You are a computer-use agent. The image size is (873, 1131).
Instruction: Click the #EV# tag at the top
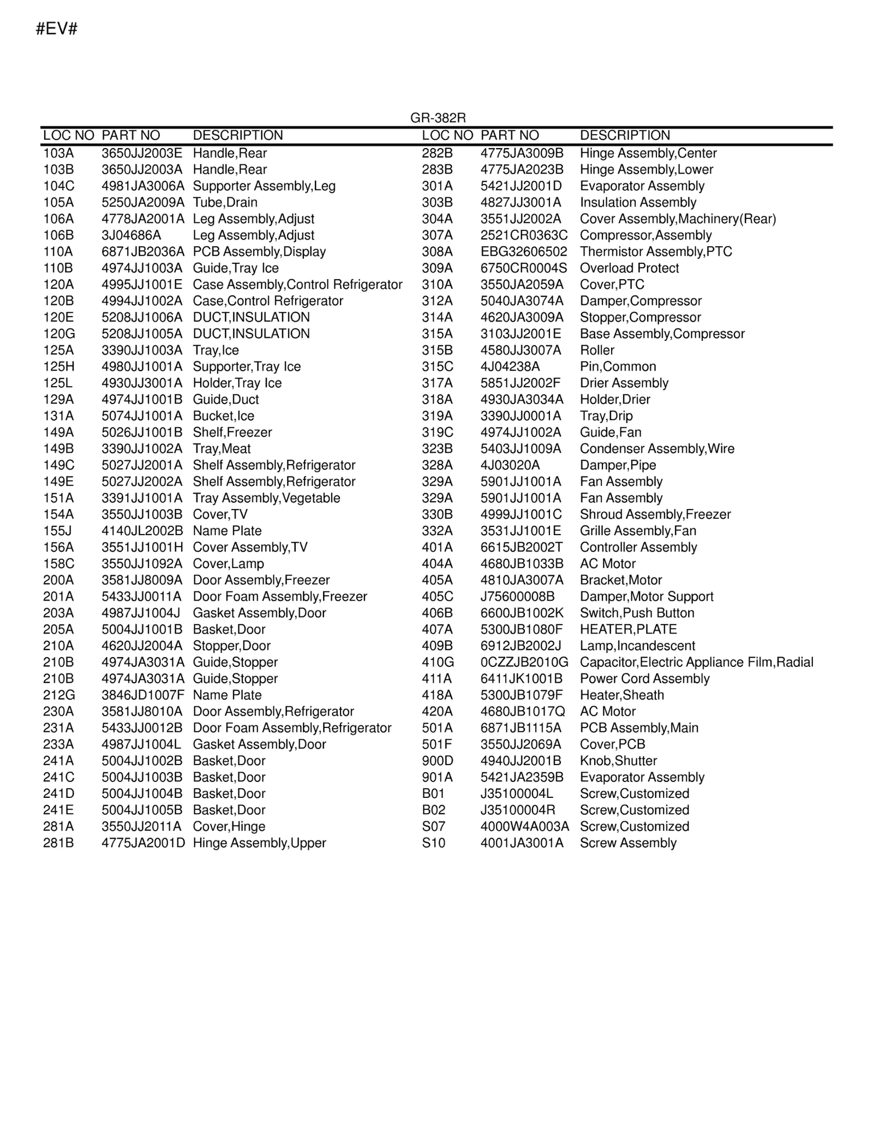click(56, 29)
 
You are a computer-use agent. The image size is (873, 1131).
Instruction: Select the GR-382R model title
click(438, 118)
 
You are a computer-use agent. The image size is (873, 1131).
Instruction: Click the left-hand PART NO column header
click(131, 135)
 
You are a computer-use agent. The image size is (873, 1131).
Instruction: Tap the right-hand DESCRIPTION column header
click(625, 135)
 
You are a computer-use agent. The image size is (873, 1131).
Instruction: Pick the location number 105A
click(58, 203)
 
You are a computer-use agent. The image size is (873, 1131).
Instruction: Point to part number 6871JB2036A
click(143, 252)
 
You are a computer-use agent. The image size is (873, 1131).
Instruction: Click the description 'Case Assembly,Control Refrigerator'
click(297, 285)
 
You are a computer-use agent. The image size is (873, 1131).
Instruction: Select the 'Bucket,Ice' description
click(224, 416)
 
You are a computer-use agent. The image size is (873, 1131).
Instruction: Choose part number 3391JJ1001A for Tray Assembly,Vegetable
click(142, 498)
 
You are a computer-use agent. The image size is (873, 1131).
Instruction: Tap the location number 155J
click(57, 531)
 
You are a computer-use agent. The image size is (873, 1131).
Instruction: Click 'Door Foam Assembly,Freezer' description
click(280, 596)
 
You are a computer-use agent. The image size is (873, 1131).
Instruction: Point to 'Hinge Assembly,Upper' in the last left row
click(259, 843)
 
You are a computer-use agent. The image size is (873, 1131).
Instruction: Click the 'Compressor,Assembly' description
click(645, 235)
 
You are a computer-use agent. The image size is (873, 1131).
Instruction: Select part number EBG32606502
click(524, 252)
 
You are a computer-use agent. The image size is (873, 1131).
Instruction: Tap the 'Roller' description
click(597, 350)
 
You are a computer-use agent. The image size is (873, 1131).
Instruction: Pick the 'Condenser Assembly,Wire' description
click(657, 449)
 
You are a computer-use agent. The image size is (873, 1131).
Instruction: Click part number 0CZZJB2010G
click(524, 662)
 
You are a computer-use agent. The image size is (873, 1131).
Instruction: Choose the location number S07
click(434, 826)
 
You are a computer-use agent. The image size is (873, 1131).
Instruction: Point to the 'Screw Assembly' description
click(628, 843)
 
